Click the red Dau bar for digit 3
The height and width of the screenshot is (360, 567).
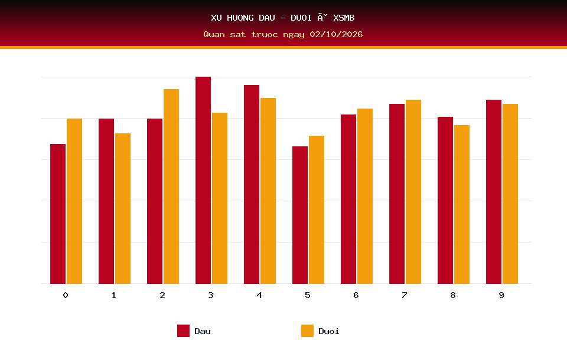click(x=203, y=180)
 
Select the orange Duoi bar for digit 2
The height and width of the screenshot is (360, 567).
click(x=171, y=186)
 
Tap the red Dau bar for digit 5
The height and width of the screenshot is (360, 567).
click(x=300, y=215)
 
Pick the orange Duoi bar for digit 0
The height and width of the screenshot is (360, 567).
click(x=74, y=201)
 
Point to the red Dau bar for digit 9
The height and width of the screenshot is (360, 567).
click(x=494, y=192)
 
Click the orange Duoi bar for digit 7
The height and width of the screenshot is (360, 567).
click(x=413, y=192)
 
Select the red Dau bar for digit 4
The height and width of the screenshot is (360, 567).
click(x=252, y=184)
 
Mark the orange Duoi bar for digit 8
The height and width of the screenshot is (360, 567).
click(x=462, y=204)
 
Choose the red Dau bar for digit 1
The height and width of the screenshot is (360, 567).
click(x=106, y=201)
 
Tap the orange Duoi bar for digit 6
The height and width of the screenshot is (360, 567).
click(x=365, y=196)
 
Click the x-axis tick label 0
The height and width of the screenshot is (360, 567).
click(x=66, y=295)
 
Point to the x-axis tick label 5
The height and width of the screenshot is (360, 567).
click(x=307, y=295)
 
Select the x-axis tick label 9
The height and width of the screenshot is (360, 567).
click(x=501, y=295)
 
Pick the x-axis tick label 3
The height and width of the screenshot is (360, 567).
click(x=210, y=295)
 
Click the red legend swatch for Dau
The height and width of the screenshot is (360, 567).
click(x=183, y=330)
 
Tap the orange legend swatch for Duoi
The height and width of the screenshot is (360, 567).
click(x=307, y=330)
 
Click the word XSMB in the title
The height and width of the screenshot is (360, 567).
click(x=344, y=18)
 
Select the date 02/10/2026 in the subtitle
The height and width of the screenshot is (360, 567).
click(x=336, y=34)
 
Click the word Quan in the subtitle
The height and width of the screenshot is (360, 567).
click(x=214, y=34)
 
